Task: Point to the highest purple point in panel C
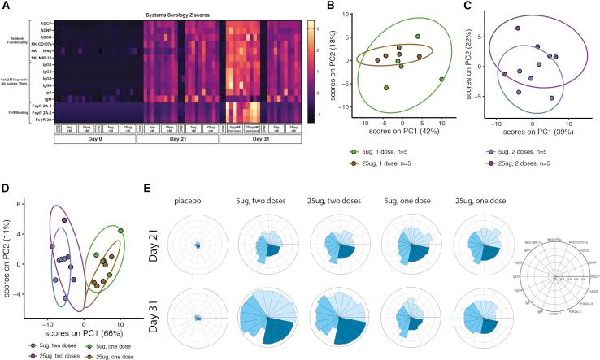517,28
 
